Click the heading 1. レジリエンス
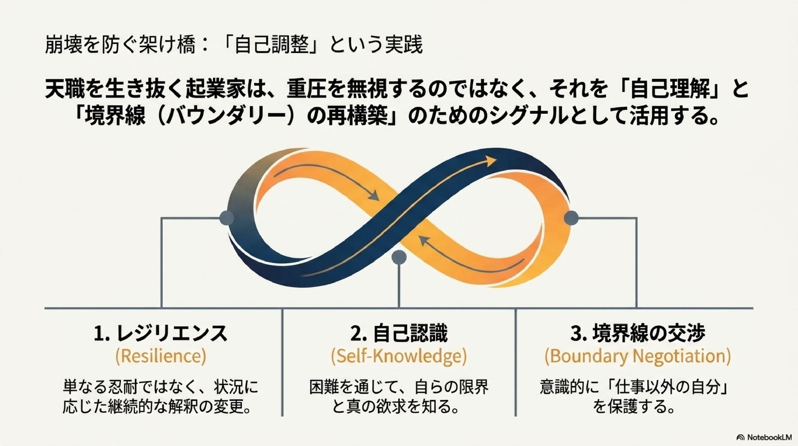pyautogui.click(x=161, y=334)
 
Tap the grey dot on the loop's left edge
pyautogui.click(x=227, y=218)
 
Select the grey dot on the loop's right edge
pyautogui.click(x=571, y=218)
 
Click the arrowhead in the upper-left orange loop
pyautogui.click(x=374, y=196)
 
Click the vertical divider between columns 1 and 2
pyautogui.click(x=282, y=363)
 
